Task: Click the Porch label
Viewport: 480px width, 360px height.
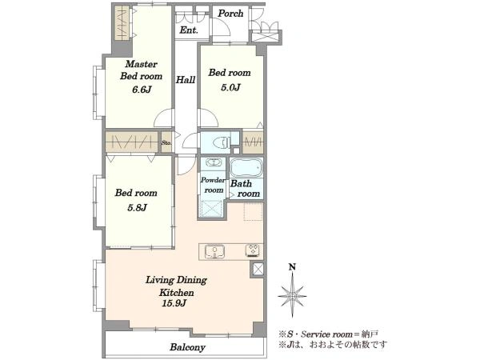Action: [x=230, y=14]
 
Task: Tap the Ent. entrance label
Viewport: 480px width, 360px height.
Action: [x=189, y=30]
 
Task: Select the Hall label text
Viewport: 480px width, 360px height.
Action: [x=186, y=80]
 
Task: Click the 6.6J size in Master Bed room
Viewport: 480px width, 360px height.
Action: [x=142, y=90]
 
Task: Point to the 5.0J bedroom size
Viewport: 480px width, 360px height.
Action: [x=230, y=87]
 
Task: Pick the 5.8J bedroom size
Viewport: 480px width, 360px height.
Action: [x=137, y=208]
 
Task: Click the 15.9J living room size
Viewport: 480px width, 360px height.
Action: [x=174, y=303]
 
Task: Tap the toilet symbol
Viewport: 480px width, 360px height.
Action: [x=222, y=142]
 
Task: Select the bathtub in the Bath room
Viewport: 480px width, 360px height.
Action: [x=246, y=167]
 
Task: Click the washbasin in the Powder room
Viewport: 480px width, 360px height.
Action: [x=213, y=162]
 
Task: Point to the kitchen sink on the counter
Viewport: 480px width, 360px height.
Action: [x=215, y=252]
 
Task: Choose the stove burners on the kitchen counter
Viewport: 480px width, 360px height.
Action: [x=254, y=250]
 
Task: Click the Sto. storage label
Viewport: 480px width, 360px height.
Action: [x=166, y=142]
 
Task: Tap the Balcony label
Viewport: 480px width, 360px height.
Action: [x=188, y=347]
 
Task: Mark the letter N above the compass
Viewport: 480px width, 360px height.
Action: [x=293, y=267]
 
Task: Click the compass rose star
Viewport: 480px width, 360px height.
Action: [x=292, y=296]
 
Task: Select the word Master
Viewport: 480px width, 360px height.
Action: [x=141, y=64]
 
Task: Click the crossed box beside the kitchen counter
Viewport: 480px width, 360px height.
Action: [x=258, y=270]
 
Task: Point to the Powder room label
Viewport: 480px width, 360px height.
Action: [x=213, y=185]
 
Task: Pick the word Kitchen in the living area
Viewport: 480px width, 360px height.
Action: [x=176, y=293]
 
